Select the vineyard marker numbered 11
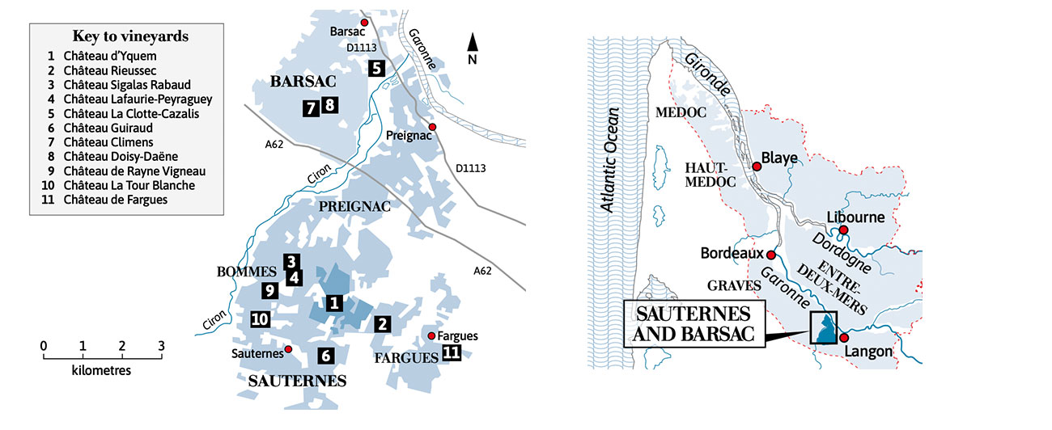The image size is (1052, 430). [x=452, y=352]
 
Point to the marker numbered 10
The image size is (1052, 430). [x=260, y=319]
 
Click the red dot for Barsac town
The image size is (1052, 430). [x=364, y=23]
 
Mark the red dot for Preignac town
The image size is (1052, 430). [x=433, y=128]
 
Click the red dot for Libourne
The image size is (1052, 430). [x=843, y=230]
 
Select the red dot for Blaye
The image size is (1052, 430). [x=757, y=167]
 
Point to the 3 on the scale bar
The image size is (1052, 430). [x=161, y=346]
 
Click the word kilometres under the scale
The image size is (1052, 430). [x=101, y=371]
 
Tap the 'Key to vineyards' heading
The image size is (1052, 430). [x=130, y=36]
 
